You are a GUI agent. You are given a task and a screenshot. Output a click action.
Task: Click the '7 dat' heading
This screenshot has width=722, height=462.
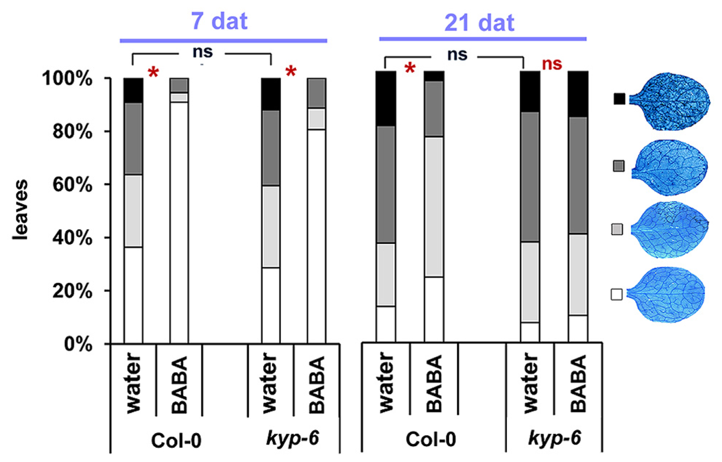(219, 21)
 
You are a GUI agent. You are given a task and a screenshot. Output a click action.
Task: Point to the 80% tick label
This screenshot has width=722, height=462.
(72, 132)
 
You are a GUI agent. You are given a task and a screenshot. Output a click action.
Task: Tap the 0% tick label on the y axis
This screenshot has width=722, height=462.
(78, 344)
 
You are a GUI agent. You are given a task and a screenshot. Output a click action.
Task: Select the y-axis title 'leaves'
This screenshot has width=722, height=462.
(21, 210)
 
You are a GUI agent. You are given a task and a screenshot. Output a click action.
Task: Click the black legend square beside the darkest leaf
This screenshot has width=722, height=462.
(619, 99)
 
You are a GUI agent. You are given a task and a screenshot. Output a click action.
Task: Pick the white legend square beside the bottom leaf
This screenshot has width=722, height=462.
(616, 294)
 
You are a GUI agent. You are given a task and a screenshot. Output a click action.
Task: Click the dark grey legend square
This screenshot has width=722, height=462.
(619, 166)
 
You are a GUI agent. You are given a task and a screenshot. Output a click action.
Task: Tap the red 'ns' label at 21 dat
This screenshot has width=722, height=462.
(552, 64)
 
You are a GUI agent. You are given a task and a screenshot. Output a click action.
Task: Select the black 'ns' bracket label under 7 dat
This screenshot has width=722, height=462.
(202, 52)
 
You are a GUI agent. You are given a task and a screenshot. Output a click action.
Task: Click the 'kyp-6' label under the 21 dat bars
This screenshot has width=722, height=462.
(554, 438)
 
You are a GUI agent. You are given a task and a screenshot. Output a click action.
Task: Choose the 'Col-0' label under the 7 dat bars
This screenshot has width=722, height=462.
(176, 441)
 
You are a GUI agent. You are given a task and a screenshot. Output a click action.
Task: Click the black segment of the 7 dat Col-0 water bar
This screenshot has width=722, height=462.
(133, 90)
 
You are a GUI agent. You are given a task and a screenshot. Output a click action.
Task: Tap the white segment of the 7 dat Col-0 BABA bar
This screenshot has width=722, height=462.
(179, 222)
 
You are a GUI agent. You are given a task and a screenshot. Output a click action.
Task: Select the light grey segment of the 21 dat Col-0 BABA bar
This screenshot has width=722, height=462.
(434, 207)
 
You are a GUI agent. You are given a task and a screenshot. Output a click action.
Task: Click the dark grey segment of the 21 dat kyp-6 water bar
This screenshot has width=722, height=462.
(530, 177)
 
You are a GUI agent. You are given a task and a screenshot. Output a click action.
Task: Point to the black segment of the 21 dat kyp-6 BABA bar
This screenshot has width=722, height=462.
(578, 94)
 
